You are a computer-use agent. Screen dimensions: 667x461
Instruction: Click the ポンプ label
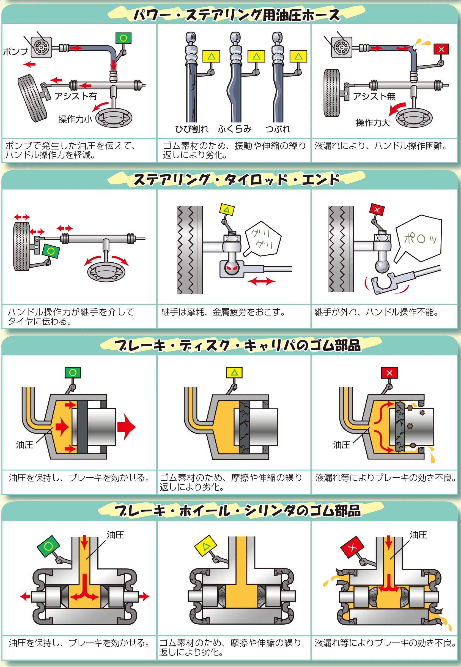coord(16,52)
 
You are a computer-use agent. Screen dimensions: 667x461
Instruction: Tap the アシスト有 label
coord(76,96)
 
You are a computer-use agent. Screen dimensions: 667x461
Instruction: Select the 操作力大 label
coord(373,122)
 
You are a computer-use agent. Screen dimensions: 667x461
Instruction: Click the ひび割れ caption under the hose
coord(191,129)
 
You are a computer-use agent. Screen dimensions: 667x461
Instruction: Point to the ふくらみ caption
coord(235,129)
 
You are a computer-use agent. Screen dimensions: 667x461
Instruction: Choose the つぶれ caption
coord(278,129)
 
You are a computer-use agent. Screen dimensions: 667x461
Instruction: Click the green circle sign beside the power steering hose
coord(123,38)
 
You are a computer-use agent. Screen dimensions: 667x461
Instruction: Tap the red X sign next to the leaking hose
coord(441,49)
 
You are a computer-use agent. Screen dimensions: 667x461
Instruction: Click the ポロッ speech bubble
coord(419,238)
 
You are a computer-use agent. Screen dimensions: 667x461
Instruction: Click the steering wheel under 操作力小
coord(114,118)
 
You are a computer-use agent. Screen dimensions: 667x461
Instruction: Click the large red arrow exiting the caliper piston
coord(126,427)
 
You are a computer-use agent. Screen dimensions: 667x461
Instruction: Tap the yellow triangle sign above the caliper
coord(234,372)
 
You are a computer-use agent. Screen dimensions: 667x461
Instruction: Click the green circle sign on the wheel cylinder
coord(48,546)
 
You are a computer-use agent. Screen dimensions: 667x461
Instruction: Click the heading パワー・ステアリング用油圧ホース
coord(236,15)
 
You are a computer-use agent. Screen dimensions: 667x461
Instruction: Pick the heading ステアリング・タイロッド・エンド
coord(236,180)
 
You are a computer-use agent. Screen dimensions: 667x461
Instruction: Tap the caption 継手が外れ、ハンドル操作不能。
coord(376,312)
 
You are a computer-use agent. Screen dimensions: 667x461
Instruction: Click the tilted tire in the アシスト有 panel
coord(32,98)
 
